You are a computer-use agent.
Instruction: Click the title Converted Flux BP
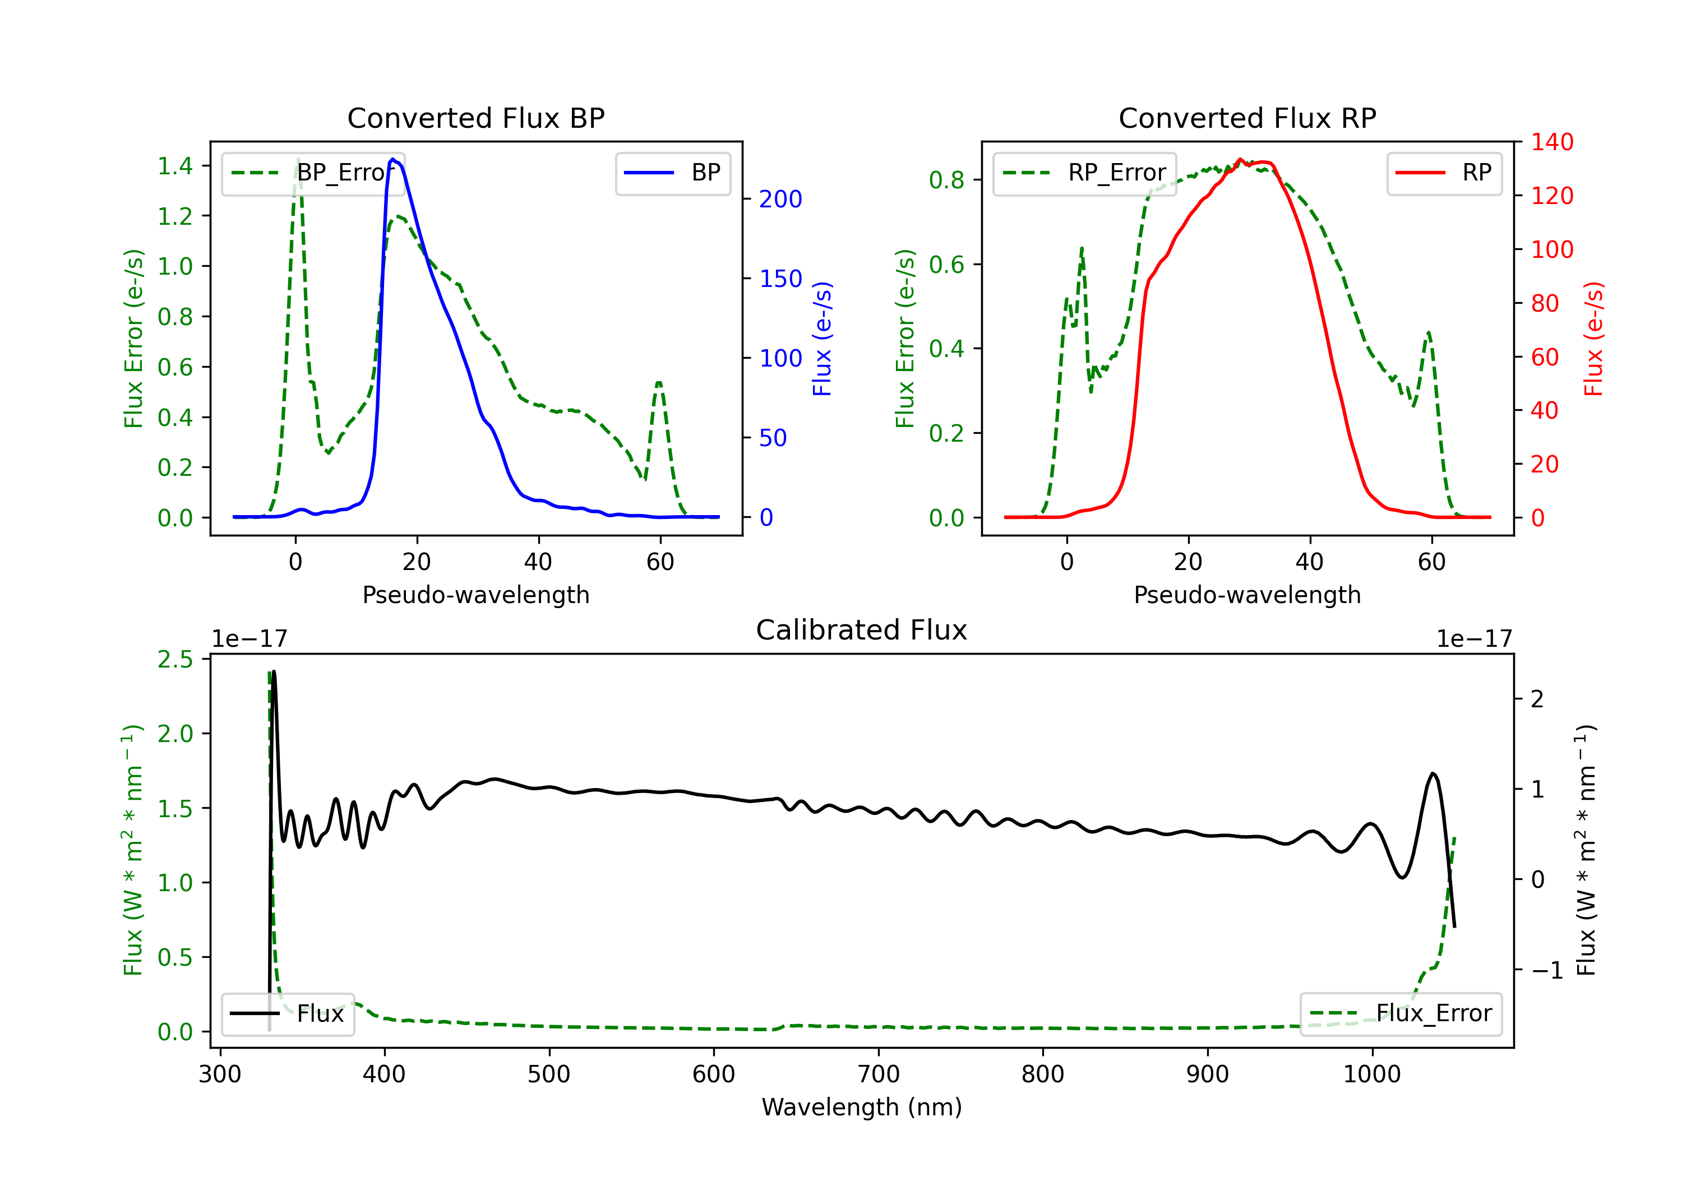click(x=475, y=118)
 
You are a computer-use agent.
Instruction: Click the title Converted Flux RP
click(x=1247, y=118)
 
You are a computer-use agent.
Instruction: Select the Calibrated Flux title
click(x=862, y=630)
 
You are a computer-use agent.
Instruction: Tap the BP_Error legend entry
click(x=313, y=173)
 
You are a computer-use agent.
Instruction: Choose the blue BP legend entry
click(x=672, y=173)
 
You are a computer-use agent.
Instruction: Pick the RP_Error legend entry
click(x=1084, y=173)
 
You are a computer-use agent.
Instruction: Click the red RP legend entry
click(x=1444, y=173)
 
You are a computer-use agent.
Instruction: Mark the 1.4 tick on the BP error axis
click(x=175, y=166)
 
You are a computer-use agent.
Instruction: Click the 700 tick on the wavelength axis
click(x=879, y=1074)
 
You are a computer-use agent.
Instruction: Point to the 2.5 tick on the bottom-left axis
click(x=175, y=659)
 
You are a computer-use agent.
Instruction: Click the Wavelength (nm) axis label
click(x=862, y=1107)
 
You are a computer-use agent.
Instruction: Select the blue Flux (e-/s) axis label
click(x=822, y=339)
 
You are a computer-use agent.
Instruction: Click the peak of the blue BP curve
click(x=394, y=159)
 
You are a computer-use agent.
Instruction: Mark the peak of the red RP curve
click(x=1240, y=160)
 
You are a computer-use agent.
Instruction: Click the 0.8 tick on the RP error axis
click(x=946, y=180)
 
